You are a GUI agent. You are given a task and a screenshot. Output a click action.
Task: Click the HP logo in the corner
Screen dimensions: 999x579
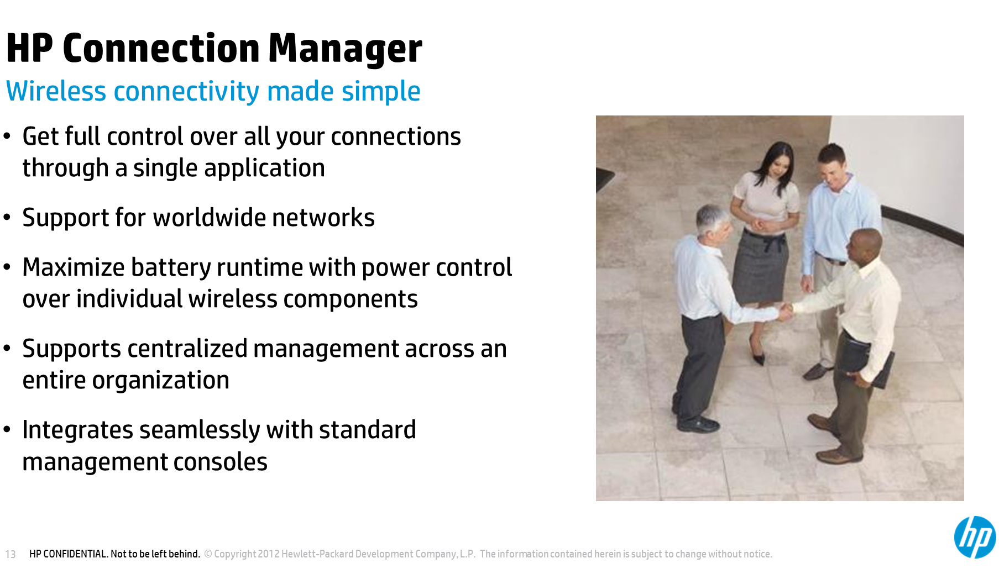pyautogui.click(x=975, y=537)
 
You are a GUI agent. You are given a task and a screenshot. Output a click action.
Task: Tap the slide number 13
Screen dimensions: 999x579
pyautogui.click(x=11, y=554)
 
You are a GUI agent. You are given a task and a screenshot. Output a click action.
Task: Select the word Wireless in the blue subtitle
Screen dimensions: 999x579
pyautogui.click(x=56, y=91)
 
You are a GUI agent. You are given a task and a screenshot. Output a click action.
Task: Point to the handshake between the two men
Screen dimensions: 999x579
pyautogui.click(x=786, y=312)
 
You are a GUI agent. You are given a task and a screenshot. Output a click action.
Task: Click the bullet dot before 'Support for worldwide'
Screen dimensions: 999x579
pyautogui.click(x=7, y=218)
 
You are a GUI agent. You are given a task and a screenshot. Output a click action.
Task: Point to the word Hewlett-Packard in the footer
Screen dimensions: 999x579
pyautogui.click(x=317, y=554)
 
